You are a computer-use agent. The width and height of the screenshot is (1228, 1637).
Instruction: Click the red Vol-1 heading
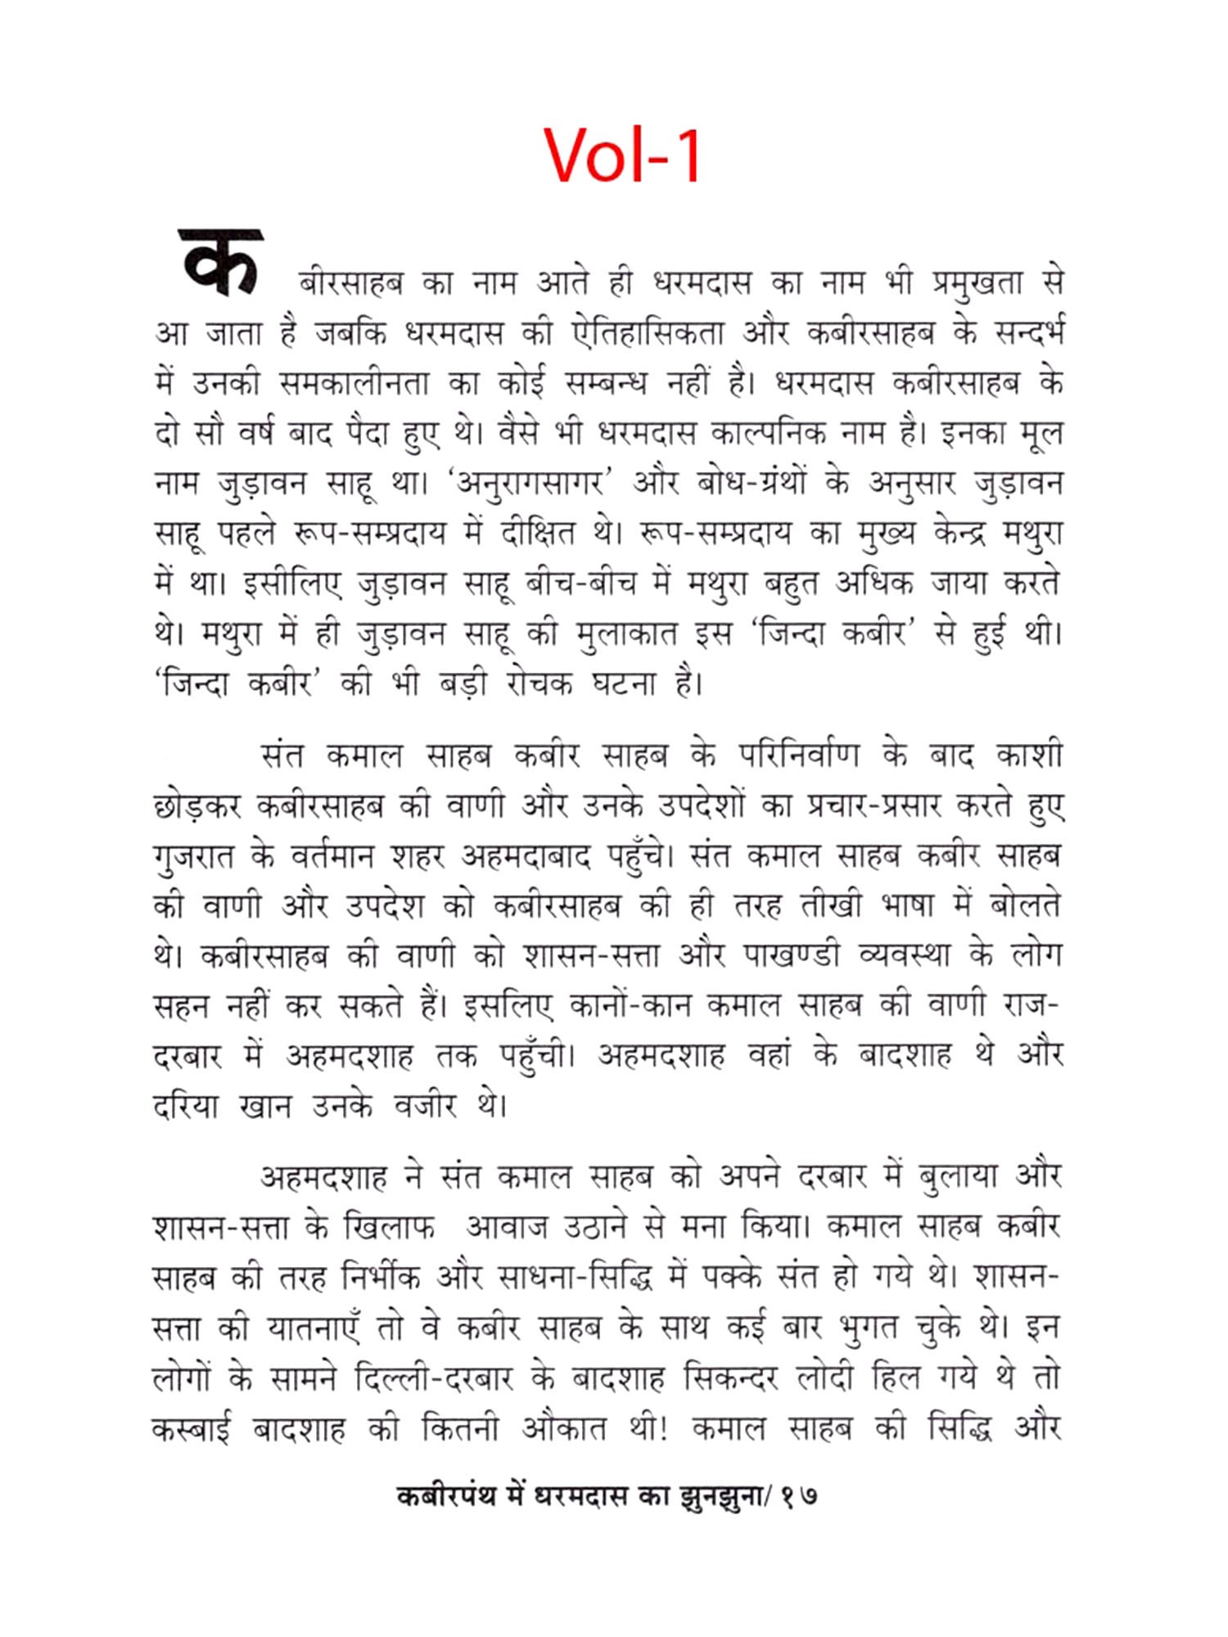coord(622,156)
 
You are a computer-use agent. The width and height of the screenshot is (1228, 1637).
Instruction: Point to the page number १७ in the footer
coord(798,1497)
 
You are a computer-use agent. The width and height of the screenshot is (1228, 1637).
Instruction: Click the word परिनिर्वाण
coord(799,755)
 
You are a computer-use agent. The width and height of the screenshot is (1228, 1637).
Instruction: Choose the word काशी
coord(1029,755)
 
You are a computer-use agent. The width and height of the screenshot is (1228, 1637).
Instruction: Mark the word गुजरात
coord(193,857)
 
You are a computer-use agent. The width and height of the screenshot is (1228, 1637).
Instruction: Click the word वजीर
coord(425,1107)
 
